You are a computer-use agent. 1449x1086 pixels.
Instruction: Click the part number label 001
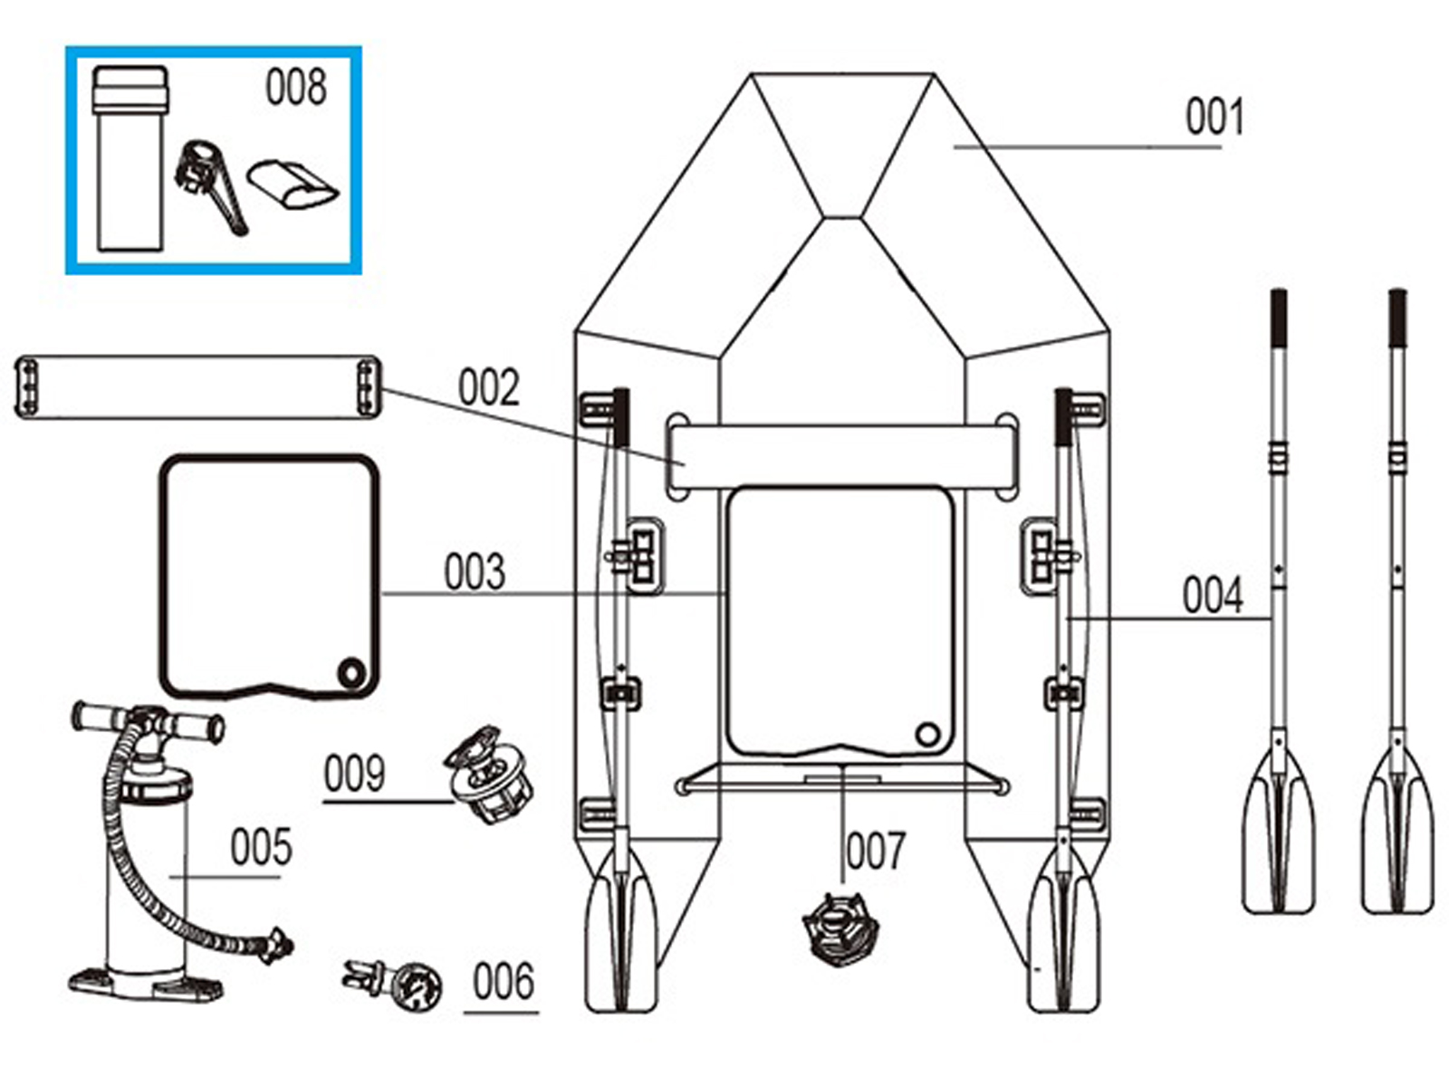[x=1214, y=118]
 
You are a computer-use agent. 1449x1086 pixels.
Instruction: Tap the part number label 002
[x=488, y=388]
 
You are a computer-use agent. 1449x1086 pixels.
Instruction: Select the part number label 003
[x=474, y=573]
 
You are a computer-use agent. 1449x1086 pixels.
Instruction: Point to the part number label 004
[x=1212, y=596]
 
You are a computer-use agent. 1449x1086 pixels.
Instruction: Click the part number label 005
[x=261, y=848]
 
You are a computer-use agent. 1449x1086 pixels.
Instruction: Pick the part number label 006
[x=503, y=983]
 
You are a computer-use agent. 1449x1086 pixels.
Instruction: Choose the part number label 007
[x=875, y=852]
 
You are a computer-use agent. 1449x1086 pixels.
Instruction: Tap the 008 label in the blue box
[x=295, y=88]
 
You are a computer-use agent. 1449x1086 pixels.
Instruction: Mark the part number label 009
[x=354, y=775]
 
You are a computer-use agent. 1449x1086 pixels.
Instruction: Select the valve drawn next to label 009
[x=488, y=775]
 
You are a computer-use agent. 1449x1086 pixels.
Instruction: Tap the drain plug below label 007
[x=840, y=928]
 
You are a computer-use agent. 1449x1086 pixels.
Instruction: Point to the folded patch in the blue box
[x=293, y=185]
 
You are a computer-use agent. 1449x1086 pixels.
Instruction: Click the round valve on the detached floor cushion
[x=350, y=672]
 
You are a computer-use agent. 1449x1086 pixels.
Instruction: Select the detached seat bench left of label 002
[x=197, y=387]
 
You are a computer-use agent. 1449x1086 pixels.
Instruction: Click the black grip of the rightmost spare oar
[x=1397, y=318]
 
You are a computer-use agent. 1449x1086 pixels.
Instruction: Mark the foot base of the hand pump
[x=145, y=982]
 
